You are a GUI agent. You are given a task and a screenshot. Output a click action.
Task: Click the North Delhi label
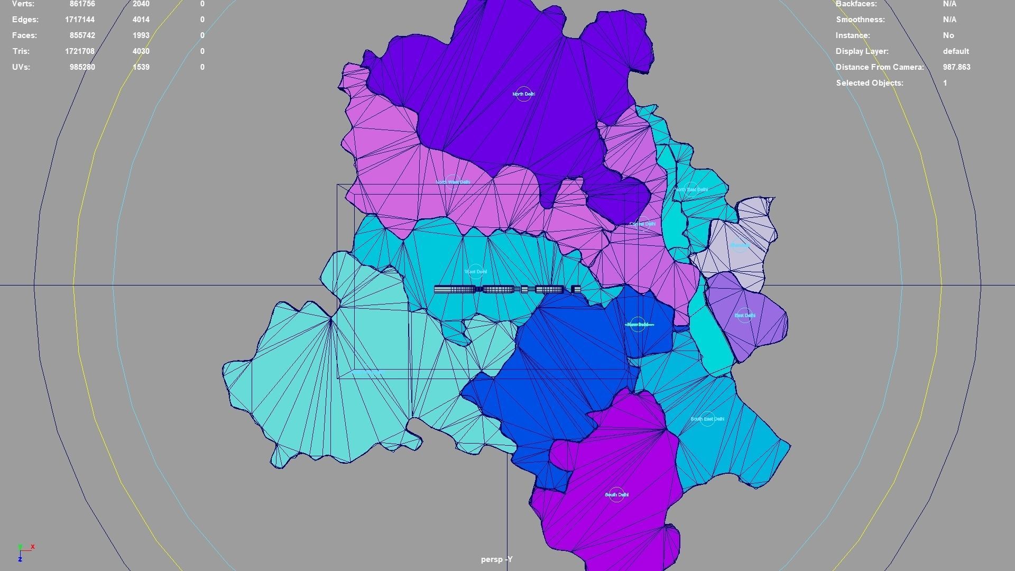pos(523,94)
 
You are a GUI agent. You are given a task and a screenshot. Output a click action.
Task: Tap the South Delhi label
pos(616,495)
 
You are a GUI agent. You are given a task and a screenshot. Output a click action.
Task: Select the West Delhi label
pos(475,272)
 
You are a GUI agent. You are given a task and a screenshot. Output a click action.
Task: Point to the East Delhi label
pos(745,316)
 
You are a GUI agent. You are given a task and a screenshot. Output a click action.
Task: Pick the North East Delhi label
pos(691,189)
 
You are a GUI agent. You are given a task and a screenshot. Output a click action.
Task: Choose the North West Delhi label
pos(453,182)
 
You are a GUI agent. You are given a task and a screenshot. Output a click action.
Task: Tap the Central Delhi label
pos(642,224)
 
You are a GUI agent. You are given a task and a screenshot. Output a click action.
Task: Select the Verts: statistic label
pos(23,4)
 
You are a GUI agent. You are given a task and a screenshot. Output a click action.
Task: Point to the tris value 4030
pos(141,51)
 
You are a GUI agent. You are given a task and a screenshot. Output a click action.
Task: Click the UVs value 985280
pos(82,67)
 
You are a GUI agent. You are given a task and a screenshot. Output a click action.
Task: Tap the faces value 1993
pos(141,35)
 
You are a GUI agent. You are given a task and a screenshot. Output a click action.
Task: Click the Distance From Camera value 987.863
pos(956,67)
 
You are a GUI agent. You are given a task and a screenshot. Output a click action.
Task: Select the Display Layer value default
pos(955,51)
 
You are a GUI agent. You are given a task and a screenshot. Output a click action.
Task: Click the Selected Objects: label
pos(870,83)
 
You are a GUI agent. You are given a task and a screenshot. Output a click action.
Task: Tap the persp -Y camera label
pos(496,559)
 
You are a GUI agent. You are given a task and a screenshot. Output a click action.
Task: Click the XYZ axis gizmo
pos(24,552)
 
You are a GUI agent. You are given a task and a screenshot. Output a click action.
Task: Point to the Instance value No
pos(948,35)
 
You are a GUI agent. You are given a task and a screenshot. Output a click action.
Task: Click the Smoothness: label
pos(860,20)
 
